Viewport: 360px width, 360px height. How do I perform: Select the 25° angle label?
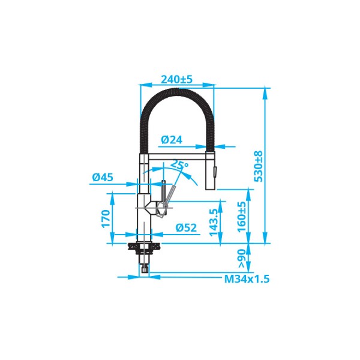[x=179, y=164]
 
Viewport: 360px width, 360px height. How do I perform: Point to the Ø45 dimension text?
[x=104, y=177]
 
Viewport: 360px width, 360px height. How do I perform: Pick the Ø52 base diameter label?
[x=186, y=227]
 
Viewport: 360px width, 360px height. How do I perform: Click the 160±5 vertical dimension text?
[x=242, y=217]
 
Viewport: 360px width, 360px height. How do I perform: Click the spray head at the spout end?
[x=212, y=170]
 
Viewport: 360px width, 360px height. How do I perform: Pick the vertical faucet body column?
[x=144, y=198]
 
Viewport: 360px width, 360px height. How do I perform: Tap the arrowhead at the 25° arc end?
[x=196, y=180]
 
